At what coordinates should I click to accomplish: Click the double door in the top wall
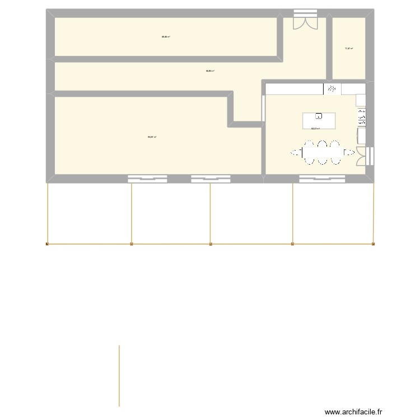coord(305,21)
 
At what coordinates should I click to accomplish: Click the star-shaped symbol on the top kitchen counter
coord(332,88)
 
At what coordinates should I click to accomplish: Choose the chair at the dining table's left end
coord(296,152)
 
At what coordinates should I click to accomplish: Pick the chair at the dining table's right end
coord(349,152)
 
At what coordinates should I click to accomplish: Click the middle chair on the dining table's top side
coord(322,143)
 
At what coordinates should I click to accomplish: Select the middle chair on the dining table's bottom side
coord(322,161)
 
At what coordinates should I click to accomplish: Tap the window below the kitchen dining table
coord(321,179)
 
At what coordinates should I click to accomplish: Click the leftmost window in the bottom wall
coord(148,179)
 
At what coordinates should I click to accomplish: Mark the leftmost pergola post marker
coord(48,244)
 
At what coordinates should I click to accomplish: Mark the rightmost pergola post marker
coord(374,244)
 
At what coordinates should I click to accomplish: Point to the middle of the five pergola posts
coord(211,244)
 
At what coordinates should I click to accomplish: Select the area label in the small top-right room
coord(348,49)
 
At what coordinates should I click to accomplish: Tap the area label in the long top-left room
coord(166,37)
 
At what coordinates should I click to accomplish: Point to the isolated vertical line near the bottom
coord(119,375)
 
